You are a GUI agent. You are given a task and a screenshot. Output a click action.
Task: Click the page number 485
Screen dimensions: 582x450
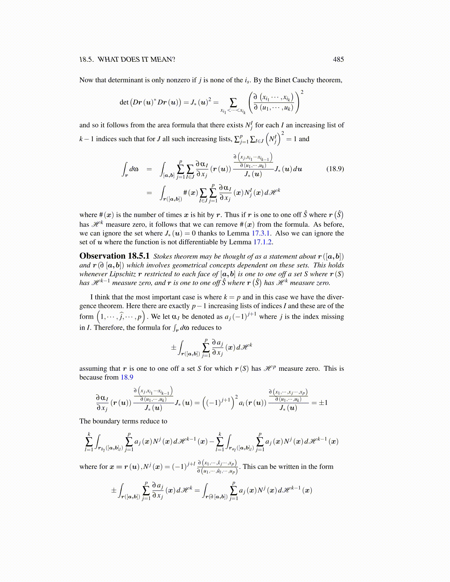338,60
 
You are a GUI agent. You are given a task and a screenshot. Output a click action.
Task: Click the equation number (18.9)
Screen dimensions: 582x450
335,169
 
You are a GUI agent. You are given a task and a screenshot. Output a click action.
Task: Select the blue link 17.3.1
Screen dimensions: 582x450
260,233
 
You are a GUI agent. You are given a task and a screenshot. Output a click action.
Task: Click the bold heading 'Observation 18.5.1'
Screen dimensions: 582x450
114,256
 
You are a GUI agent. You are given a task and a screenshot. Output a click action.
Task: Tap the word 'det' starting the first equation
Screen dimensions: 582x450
124,102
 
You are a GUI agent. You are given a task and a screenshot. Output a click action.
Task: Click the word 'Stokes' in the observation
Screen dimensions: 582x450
163,256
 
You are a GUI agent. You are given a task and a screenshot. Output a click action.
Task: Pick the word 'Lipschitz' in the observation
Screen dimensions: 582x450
122,274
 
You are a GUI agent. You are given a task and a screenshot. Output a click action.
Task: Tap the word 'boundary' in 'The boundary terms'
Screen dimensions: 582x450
105,421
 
